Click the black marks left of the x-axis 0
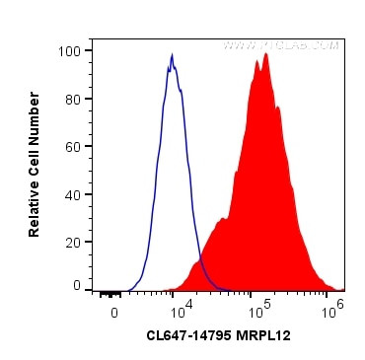pyautogui.click(x=109, y=293)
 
